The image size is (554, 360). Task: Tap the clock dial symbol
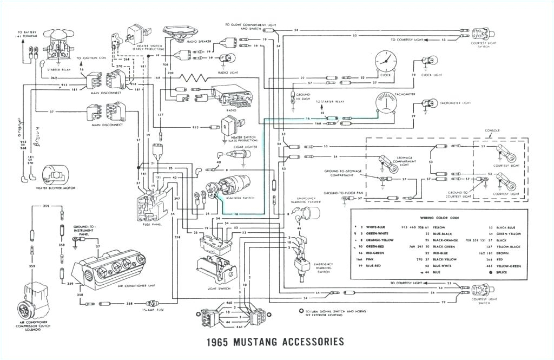(385, 61)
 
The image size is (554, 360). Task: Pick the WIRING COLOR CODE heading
(439, 217)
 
